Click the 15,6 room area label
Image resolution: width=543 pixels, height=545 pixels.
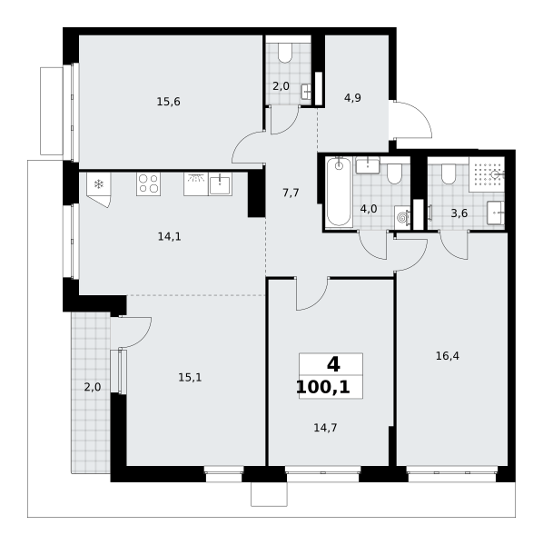(x=169, y=102)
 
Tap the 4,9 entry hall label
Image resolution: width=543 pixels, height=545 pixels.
(x=352, y=98)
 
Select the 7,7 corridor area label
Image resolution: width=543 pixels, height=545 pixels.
(x=291, y=193)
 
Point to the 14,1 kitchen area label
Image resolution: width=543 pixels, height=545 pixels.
(x=169, y=237)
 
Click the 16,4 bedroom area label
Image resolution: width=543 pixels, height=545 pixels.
(x=448, y=356)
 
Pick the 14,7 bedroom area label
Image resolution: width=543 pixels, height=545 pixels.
(x=325, y=428)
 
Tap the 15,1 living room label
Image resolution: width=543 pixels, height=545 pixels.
(x=190, y=378)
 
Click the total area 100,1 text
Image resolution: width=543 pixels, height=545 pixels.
(x=323, y=387)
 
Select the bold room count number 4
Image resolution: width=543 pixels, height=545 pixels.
(x=333, y=364)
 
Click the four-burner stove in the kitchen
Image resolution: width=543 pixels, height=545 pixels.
(x=148, y=183)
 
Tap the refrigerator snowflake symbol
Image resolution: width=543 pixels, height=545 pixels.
(x=99, y=183)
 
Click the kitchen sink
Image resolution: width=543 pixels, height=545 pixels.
(x=220, y=184)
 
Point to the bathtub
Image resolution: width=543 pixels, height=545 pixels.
(x=339, y=192)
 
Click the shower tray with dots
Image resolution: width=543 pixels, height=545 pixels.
(x=487, y=174)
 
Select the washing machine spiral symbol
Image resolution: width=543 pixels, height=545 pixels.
(x=402, y=218)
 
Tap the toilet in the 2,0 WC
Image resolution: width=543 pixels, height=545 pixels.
(x=285, y=53)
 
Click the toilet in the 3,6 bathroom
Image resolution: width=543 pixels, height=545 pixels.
(x=449, y=173)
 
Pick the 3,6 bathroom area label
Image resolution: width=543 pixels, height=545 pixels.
(x=459, y=213)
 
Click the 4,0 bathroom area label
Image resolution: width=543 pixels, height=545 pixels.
(x=369, y=209)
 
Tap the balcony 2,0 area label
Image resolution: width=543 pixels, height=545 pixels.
(x=93, y=387)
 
